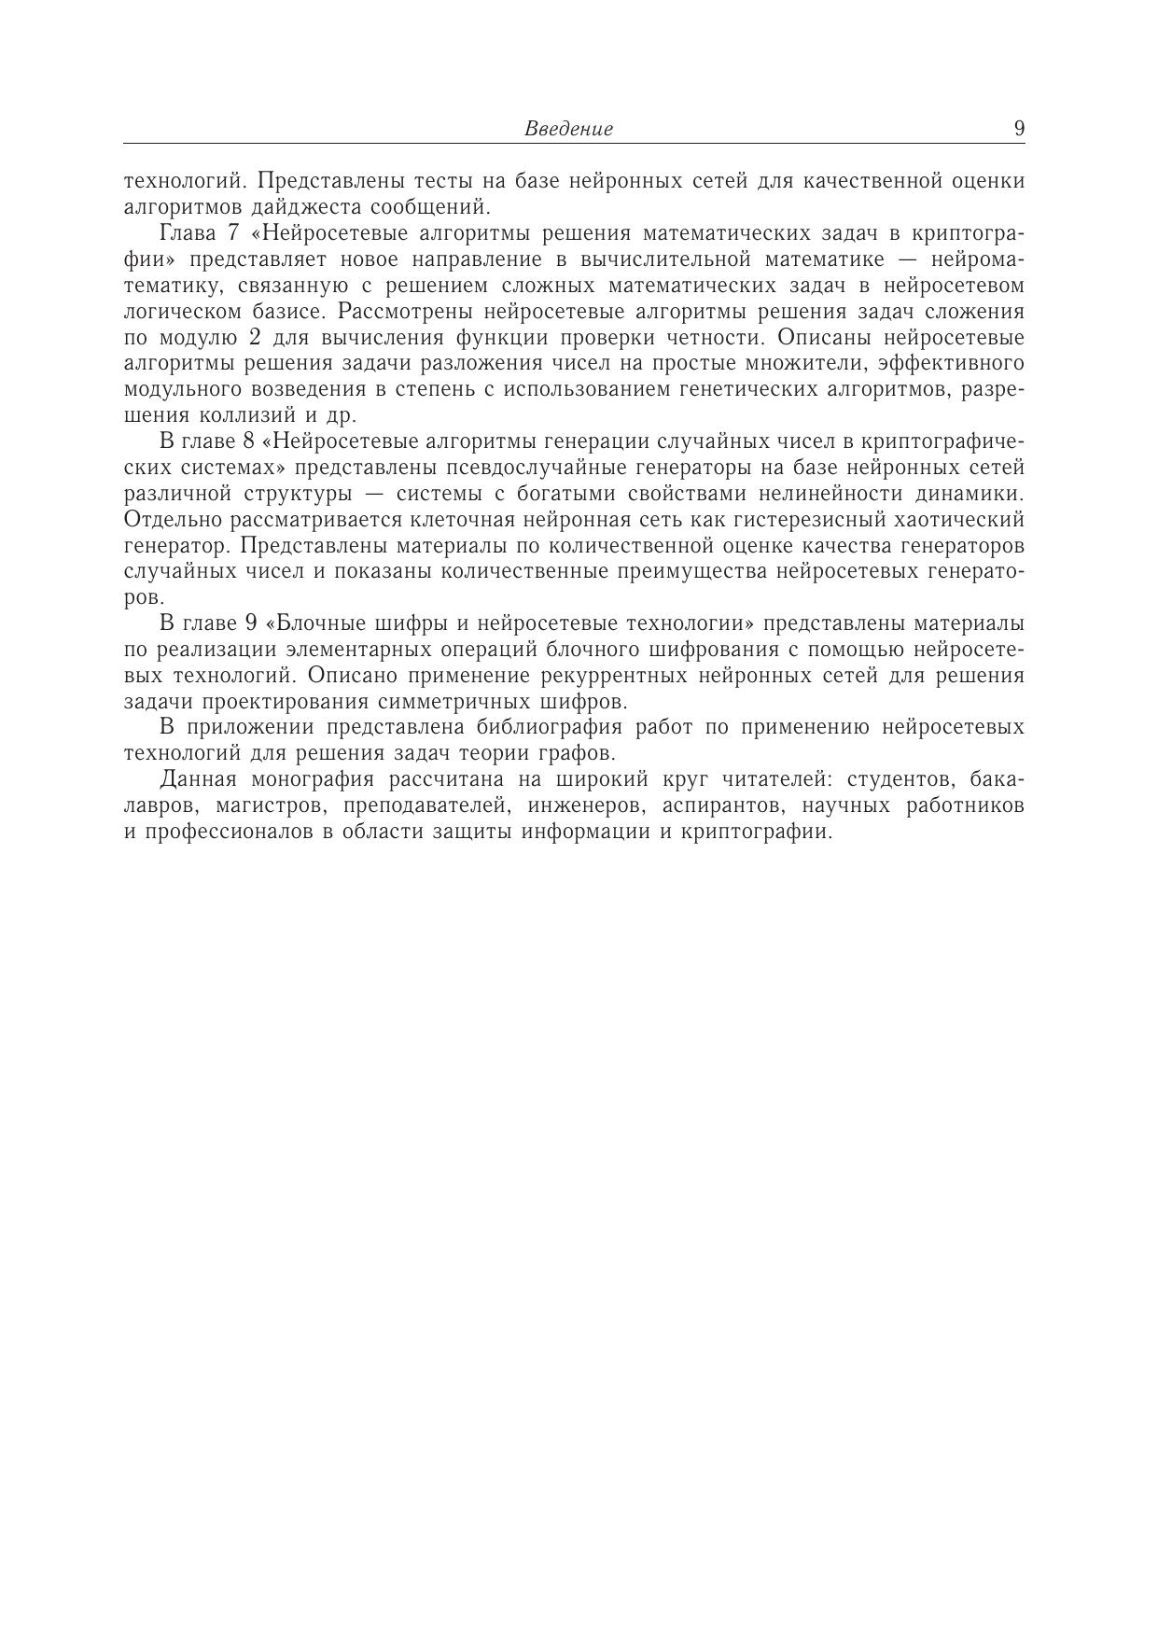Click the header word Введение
coord(568,129)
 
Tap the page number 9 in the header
coord(1019,128)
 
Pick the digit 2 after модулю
coord(256,337)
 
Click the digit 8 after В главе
coord(248,441)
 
